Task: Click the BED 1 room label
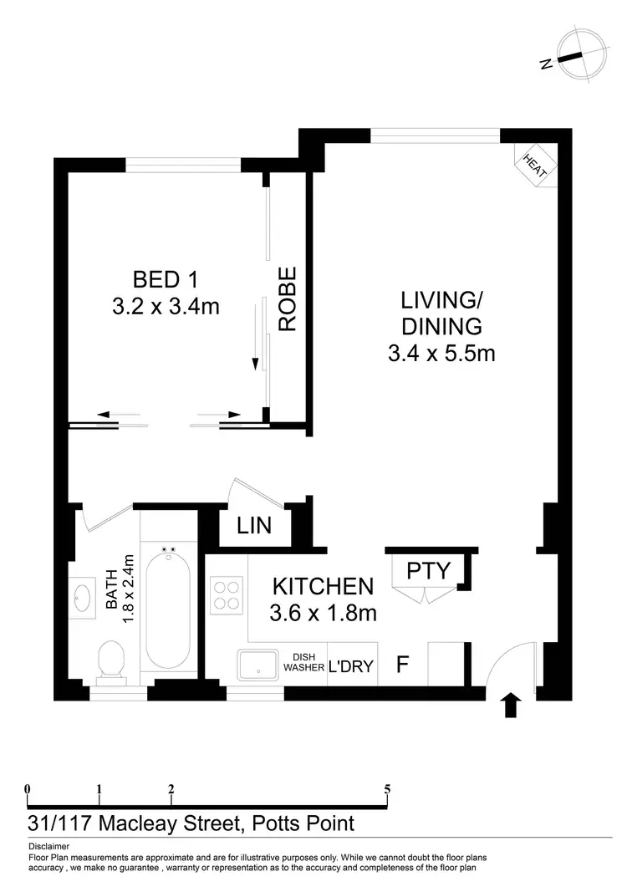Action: click(165, 278)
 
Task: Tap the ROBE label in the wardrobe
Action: click(288, 299)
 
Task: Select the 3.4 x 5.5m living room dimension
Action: click(441, 354)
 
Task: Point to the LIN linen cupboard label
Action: click(253, 527)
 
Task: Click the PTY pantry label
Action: click(429, 571)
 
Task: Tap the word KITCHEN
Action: click(322, 587)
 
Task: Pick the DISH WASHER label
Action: click(308, 663)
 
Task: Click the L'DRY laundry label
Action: click(351, 666)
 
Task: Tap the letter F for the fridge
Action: click(402, 665)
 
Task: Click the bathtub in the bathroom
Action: click(168, 605)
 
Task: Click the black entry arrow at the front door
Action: click(512, 706)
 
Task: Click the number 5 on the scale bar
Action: click(387, 788)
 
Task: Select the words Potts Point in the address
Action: click(303, 823)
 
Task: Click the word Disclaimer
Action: click(48, 845)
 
